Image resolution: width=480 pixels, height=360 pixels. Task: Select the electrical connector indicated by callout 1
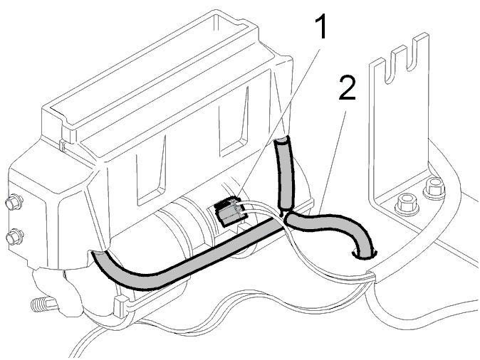229,212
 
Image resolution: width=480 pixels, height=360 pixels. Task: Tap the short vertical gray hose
285,174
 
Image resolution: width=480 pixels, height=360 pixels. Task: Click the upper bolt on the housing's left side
14,201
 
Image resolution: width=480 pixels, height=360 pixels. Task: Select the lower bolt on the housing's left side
14,237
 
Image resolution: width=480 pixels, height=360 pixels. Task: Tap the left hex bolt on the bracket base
407,204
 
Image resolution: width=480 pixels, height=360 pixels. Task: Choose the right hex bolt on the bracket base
434,188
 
